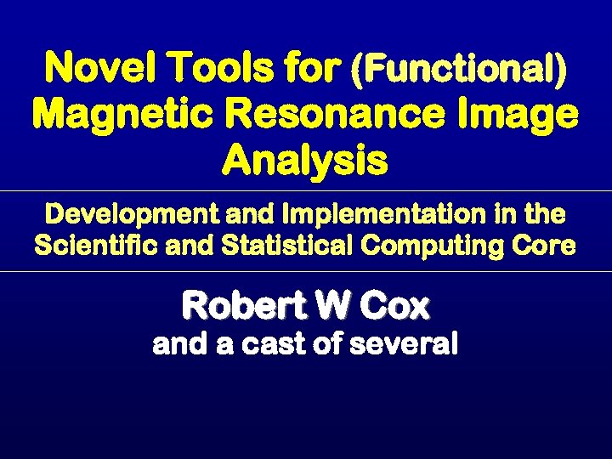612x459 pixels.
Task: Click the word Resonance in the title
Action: coord(340,114)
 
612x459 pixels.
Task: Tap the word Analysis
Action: coord(305,160)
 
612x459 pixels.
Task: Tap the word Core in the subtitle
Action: coord(550,246)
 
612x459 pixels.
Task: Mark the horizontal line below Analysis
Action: coord(306,191)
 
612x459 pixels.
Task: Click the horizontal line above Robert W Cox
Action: coord(306,272)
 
